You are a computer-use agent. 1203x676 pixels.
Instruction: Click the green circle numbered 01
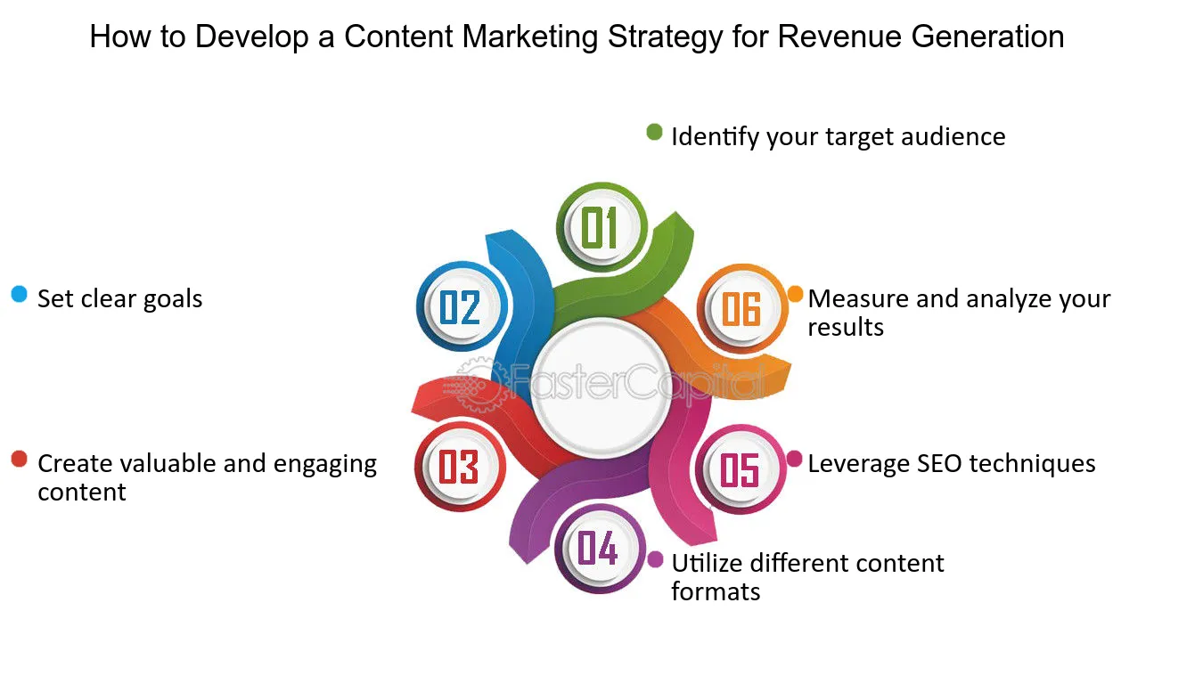click(601, 227)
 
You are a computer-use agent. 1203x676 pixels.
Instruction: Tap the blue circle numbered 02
click(462, 306)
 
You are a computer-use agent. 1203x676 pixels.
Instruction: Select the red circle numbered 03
click(460, 467)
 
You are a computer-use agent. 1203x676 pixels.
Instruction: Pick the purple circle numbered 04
click(600, 549)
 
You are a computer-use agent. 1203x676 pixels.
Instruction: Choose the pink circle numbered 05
click(741, 469)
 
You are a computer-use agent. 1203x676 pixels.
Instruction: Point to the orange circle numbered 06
click(742, 309)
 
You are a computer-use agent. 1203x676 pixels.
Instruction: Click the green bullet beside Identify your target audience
click(654, 132)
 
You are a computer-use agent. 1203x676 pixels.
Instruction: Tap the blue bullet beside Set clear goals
click(20, 294)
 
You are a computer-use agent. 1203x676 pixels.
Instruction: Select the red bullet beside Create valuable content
click(20, 459)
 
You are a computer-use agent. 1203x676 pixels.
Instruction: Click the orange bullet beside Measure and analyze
click(795, 294)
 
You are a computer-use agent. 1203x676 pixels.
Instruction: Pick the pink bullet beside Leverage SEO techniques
click(794, 459)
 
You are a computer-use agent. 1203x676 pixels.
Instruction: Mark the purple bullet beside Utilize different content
click(655, 559)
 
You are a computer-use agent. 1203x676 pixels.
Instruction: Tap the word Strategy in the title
click(665, 38)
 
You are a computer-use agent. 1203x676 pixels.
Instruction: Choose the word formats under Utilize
click(716, 591)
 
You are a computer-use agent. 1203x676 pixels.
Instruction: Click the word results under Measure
click(846, 327)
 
